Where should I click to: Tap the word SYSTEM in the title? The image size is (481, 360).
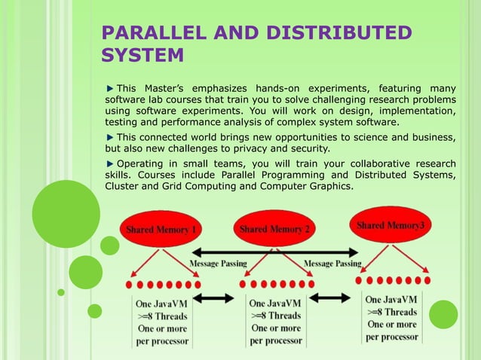click(x=142, y=56)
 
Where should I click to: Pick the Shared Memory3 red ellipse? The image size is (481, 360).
click(x=389, y=225)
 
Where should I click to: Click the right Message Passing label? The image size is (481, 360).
click(x=332, y=264)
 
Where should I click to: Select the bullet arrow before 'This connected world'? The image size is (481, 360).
click(x=110, y=136)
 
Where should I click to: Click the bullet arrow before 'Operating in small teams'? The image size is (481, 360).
click(x=110, y=163)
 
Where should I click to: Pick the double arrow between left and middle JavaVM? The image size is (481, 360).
click(x=219, y=298)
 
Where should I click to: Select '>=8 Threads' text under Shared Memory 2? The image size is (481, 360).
click(x=275, y=316)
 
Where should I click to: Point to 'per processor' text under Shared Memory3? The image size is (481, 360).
click(x=391, y=337)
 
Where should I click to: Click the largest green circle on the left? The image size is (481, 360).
click(x=66, y=214)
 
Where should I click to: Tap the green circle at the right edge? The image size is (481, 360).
click(x=443, y=314)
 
